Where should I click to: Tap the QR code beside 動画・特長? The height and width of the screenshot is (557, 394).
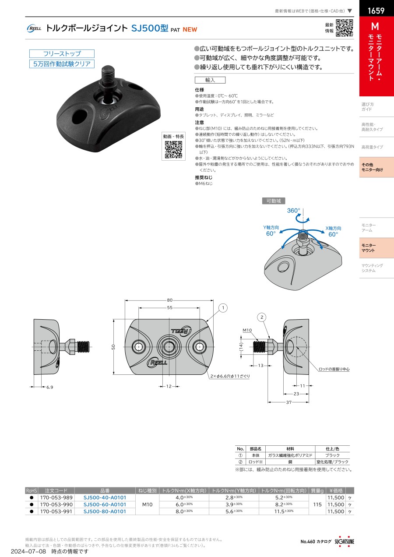coord(173,150)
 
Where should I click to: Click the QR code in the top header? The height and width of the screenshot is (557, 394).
coord(345,28)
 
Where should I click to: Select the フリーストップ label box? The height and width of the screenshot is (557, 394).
coord(62,54)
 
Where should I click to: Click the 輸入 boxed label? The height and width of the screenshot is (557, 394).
coord(210,80)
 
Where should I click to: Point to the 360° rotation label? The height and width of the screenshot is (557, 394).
coord(294,211)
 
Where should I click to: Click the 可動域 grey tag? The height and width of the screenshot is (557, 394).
coord(274,201)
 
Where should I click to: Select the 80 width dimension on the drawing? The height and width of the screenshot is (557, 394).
coord(169,300)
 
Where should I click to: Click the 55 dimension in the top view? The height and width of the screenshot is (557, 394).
coord(169,308)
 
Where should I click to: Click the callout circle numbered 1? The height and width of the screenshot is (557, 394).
coord(223,308)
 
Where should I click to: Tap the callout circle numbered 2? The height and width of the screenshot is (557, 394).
coord(262,317)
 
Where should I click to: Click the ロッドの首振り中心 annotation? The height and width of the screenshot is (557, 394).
coord(334,369)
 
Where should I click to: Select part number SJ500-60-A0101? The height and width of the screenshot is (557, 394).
coord(105,504)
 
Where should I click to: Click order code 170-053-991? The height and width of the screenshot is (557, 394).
coord(56,511)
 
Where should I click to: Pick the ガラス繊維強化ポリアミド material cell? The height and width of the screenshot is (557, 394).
coord(290,455)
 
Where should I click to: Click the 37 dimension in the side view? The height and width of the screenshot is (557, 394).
coord(288,402)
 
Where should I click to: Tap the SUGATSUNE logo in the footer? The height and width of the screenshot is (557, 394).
coord(345,541)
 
